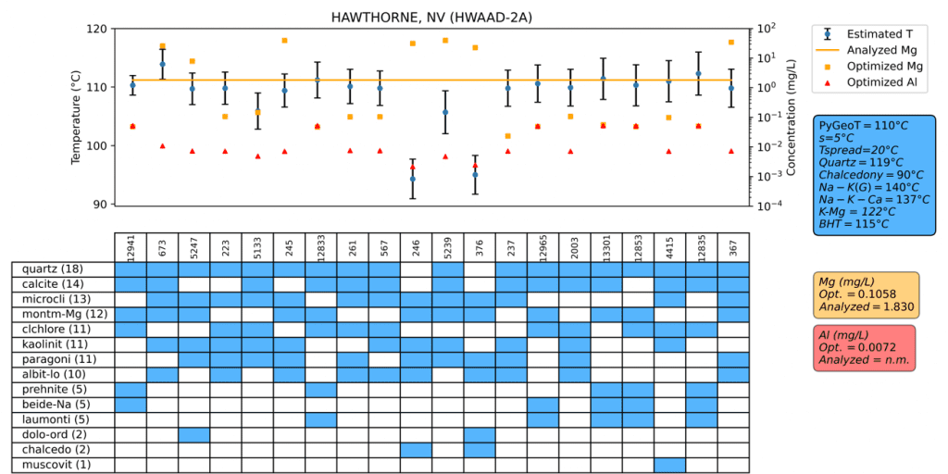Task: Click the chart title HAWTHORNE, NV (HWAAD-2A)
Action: (431, 18)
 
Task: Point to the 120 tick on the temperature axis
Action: (95, 29)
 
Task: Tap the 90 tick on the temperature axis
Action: (99, 205)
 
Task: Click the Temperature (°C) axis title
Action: (76, 117)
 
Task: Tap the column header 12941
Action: (131, 247)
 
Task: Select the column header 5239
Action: (448, 248)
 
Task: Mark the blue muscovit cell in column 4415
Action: (669, 464)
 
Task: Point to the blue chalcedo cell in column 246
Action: (417, 449)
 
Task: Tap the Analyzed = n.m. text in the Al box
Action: (863, 359)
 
